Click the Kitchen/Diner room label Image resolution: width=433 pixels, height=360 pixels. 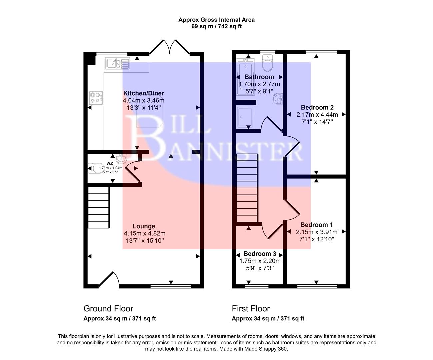[x=144, y=93]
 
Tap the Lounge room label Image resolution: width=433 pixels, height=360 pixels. [x=144, y=226]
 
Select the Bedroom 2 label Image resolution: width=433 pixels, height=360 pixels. [x=317, y=107]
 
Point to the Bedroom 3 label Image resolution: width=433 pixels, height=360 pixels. [x=260, y=254]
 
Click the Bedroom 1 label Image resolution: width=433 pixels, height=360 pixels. [x=316, y=225]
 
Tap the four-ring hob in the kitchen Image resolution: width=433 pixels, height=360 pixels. [x=95, y=97]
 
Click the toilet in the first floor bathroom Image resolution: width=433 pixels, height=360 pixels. [x=268, y=63]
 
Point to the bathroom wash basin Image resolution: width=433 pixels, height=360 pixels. [x=278, y=99]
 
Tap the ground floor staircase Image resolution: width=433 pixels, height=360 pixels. [x=99, y=207]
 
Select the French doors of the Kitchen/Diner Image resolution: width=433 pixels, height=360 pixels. [x=169, y=47]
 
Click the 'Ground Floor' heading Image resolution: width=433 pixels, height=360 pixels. [x=108, y=309]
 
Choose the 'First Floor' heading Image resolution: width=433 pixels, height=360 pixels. [x=251, y=309]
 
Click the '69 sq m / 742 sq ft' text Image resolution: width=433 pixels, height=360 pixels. [x=216, y=26]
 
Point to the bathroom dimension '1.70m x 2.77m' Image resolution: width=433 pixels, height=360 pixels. [x=259, y=84]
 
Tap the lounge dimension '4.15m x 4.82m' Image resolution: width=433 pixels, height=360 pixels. [x=144, y=233]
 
